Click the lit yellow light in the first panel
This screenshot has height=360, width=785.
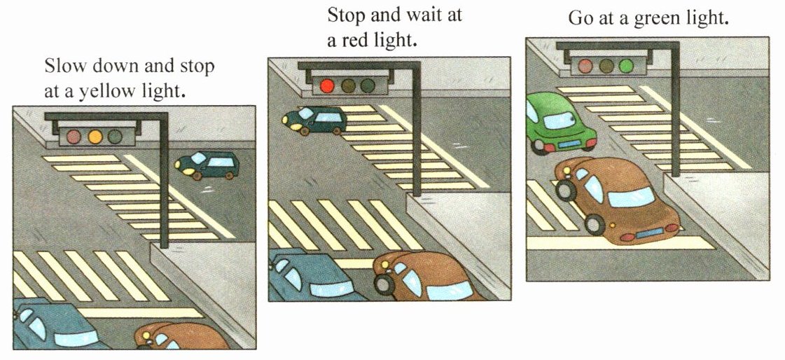coord(95,136)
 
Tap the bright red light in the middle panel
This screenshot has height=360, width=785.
coord(327,85)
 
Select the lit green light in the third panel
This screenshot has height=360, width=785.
coord(626,66)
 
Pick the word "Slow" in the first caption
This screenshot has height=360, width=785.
coord(62,66)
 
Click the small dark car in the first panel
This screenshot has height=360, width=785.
coord(207,165)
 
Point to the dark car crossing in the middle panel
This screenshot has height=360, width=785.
coord(314,120)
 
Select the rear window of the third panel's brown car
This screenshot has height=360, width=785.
coord(632,198)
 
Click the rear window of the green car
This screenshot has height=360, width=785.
coord(560,120)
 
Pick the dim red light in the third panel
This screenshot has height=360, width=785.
coord(585,66)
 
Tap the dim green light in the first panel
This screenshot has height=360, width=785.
coord(115,136)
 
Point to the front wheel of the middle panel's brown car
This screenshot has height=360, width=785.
coord(384,284)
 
